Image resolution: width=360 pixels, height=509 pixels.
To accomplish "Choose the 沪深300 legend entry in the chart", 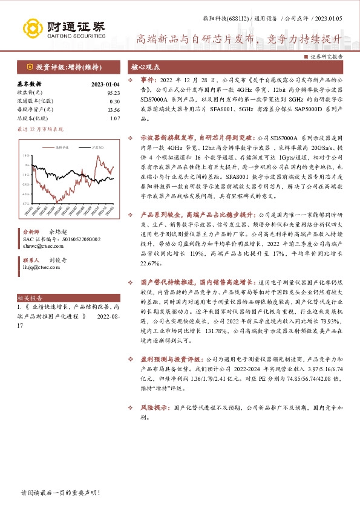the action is pos(96,147).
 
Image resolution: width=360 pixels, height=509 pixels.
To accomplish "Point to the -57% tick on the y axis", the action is pos(25,204).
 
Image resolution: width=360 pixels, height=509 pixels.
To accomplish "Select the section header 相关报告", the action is pos(29,299).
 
